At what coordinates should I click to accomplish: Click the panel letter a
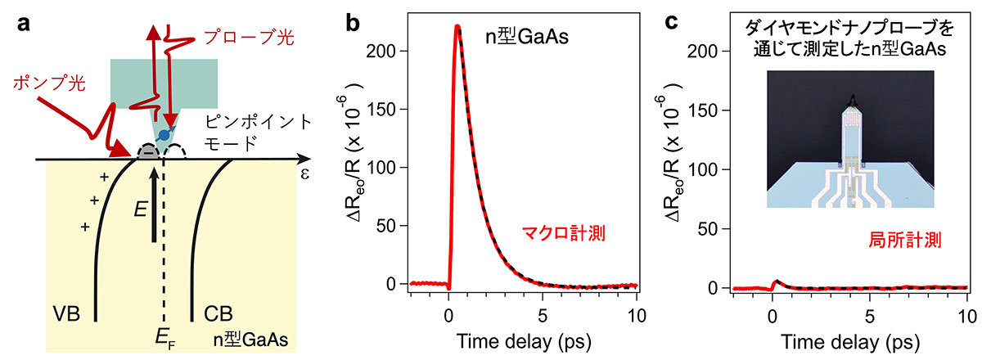tap(25, 23)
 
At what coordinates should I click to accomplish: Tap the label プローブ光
tap(259, 38)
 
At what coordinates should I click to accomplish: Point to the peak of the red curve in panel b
tap(457, 27)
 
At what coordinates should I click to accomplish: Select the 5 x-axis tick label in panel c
tap(869, 317)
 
